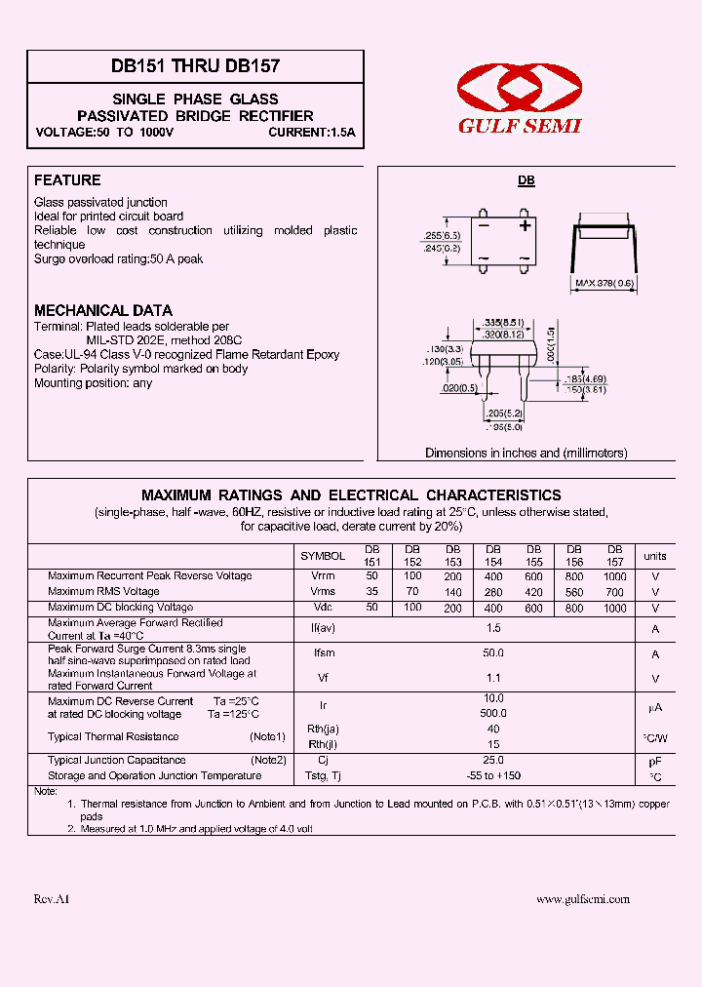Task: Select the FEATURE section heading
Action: (67, 180)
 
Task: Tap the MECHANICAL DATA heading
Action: (103, 310)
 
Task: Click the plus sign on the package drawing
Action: (525, 225)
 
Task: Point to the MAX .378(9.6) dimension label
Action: (604, 284)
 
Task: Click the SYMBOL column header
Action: (323, 556)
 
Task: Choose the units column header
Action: (655, 556)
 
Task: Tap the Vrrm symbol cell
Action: (323, 576)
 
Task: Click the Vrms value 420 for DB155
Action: (533, 592)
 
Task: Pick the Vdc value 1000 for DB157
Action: (615, 608)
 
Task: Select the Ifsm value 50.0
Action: (493, 653)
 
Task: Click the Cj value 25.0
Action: (493, 760)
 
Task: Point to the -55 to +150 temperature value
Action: (493, 776)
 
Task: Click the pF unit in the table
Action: (655, 761)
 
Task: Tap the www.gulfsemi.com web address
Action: (583, 900)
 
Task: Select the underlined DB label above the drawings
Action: (526, 181)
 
